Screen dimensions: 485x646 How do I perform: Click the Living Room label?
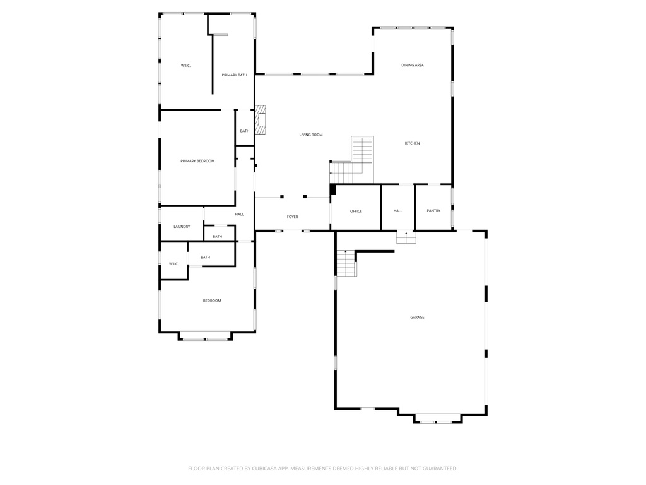(x=311, y=135)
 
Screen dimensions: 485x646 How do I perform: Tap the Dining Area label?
(x=413, y=65)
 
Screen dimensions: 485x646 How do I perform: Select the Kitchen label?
(x=412, y=143)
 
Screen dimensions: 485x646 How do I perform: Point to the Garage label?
(x=417, y=317)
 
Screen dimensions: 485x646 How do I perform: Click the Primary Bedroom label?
(x=197, y=161)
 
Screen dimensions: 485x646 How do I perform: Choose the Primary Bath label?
(x=234, y=75)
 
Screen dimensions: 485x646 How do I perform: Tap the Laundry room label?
(x=182, y=227)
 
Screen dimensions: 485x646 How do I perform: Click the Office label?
(x=356, y=211)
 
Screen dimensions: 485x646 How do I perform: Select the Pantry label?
(x=433, y=210)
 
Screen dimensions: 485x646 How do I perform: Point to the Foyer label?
(x=292, y=217)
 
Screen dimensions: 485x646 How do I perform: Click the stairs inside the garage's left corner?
(x=346, y=263)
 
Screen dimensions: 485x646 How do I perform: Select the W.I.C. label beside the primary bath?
(x=185, y=66)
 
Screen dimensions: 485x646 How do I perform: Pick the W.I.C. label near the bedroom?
(x=173, y=263)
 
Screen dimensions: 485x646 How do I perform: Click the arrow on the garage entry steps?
(x=406, y=235)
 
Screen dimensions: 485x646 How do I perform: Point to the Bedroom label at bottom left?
(x=212, y=301)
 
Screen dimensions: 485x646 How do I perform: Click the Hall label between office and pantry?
(x=398, y=210)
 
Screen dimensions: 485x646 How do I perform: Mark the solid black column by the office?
(x=333, y=189)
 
